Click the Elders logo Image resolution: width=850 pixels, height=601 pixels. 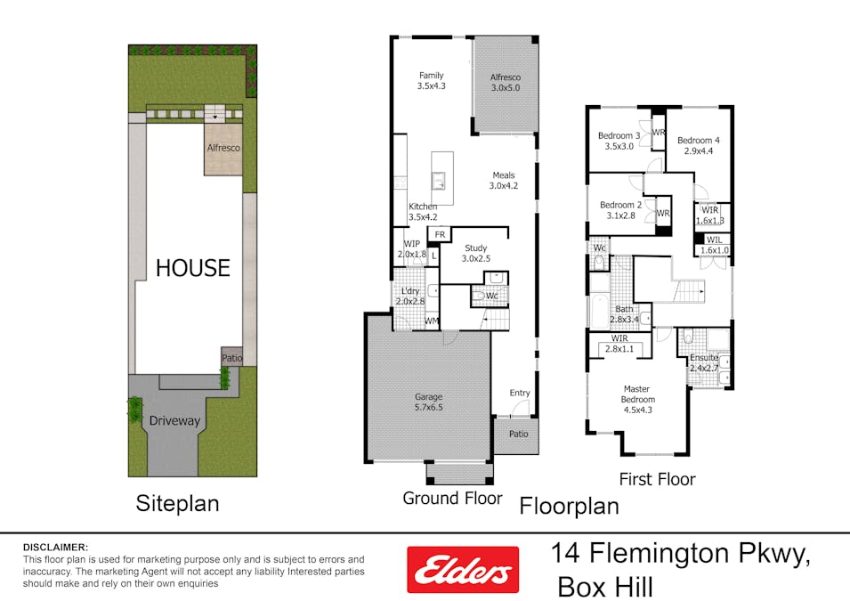pyautogui.click(x=463, y=569)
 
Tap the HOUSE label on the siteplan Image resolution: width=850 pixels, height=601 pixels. pyautogui.click(x=193, y=268)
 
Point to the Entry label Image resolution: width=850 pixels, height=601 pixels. pyautogui.click(x=520, y=393)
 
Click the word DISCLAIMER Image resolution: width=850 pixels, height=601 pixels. pyautogui.click(x=55, y=547)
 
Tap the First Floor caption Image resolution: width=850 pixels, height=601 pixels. pyautogui.click(x=657, y=479)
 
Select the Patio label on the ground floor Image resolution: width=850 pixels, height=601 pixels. pyautogui.click(x=518, y=435)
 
